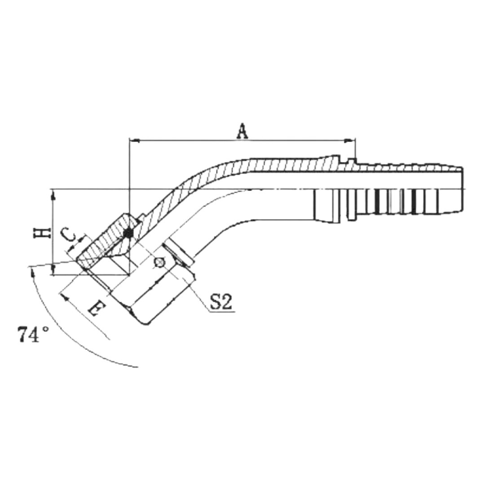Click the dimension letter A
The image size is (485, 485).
coord(243,131)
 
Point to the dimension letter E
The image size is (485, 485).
coord(97,307)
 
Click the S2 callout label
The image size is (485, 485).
coord(221,301)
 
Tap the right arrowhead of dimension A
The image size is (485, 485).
coord(350,141)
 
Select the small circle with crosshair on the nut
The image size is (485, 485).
coord(159,263)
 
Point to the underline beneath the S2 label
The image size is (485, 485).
coord(222,312)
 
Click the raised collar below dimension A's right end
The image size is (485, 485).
coord(351,162)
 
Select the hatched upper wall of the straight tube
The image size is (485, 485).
coord(294,165)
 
